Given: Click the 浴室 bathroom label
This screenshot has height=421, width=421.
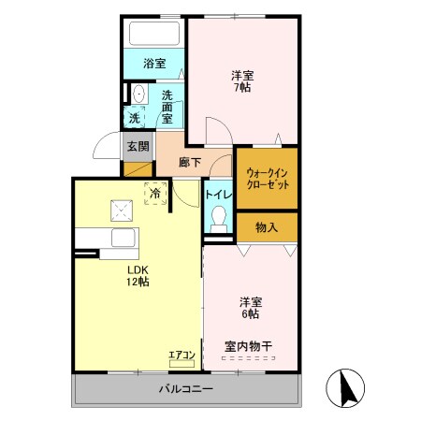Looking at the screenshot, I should click(154, 64).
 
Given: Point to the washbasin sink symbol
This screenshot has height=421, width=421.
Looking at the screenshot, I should click(138, 94).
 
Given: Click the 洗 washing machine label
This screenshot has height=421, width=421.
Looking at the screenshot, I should click(135, 118).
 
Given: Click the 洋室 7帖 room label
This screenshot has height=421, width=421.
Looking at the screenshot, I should click(241, 80).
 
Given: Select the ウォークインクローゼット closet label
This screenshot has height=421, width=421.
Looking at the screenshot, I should click(267, 178).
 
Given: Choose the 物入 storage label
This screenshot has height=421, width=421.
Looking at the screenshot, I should click(267, 225).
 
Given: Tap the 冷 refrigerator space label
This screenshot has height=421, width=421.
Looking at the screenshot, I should click(154, 194).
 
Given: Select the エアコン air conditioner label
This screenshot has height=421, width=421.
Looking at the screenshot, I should click(181, 355).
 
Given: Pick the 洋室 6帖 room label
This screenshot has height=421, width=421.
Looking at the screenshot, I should click(250, 309).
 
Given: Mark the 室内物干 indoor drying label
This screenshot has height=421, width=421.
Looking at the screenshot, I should click(248, 346).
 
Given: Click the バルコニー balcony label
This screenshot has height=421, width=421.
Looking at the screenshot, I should click(187, 388).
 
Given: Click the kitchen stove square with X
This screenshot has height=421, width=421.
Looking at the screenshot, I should click(121, 209).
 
